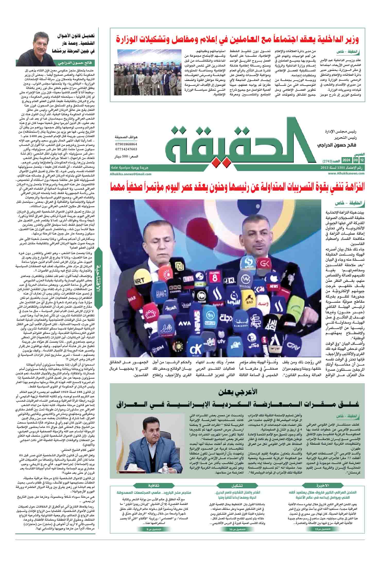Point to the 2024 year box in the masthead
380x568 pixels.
click(346, 160)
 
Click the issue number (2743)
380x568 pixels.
click(328, 161)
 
